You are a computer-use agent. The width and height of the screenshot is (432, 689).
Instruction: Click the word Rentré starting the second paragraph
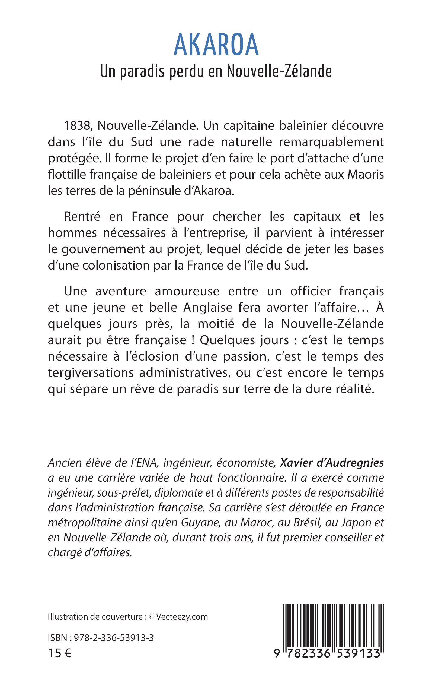point(82,217)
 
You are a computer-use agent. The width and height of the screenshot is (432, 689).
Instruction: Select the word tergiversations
point(91,373)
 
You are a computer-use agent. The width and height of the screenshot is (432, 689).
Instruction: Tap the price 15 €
point(60,653)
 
